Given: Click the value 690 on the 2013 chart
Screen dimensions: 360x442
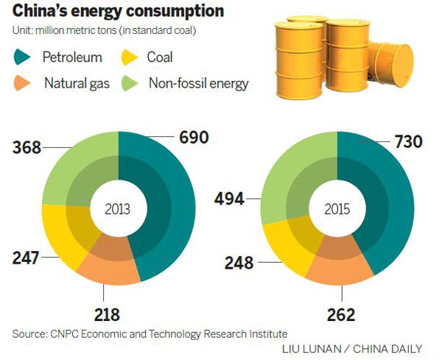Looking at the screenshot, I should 193,136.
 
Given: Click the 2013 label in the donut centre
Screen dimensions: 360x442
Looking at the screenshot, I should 118,209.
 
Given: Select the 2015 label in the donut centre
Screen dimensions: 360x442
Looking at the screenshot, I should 337,209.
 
